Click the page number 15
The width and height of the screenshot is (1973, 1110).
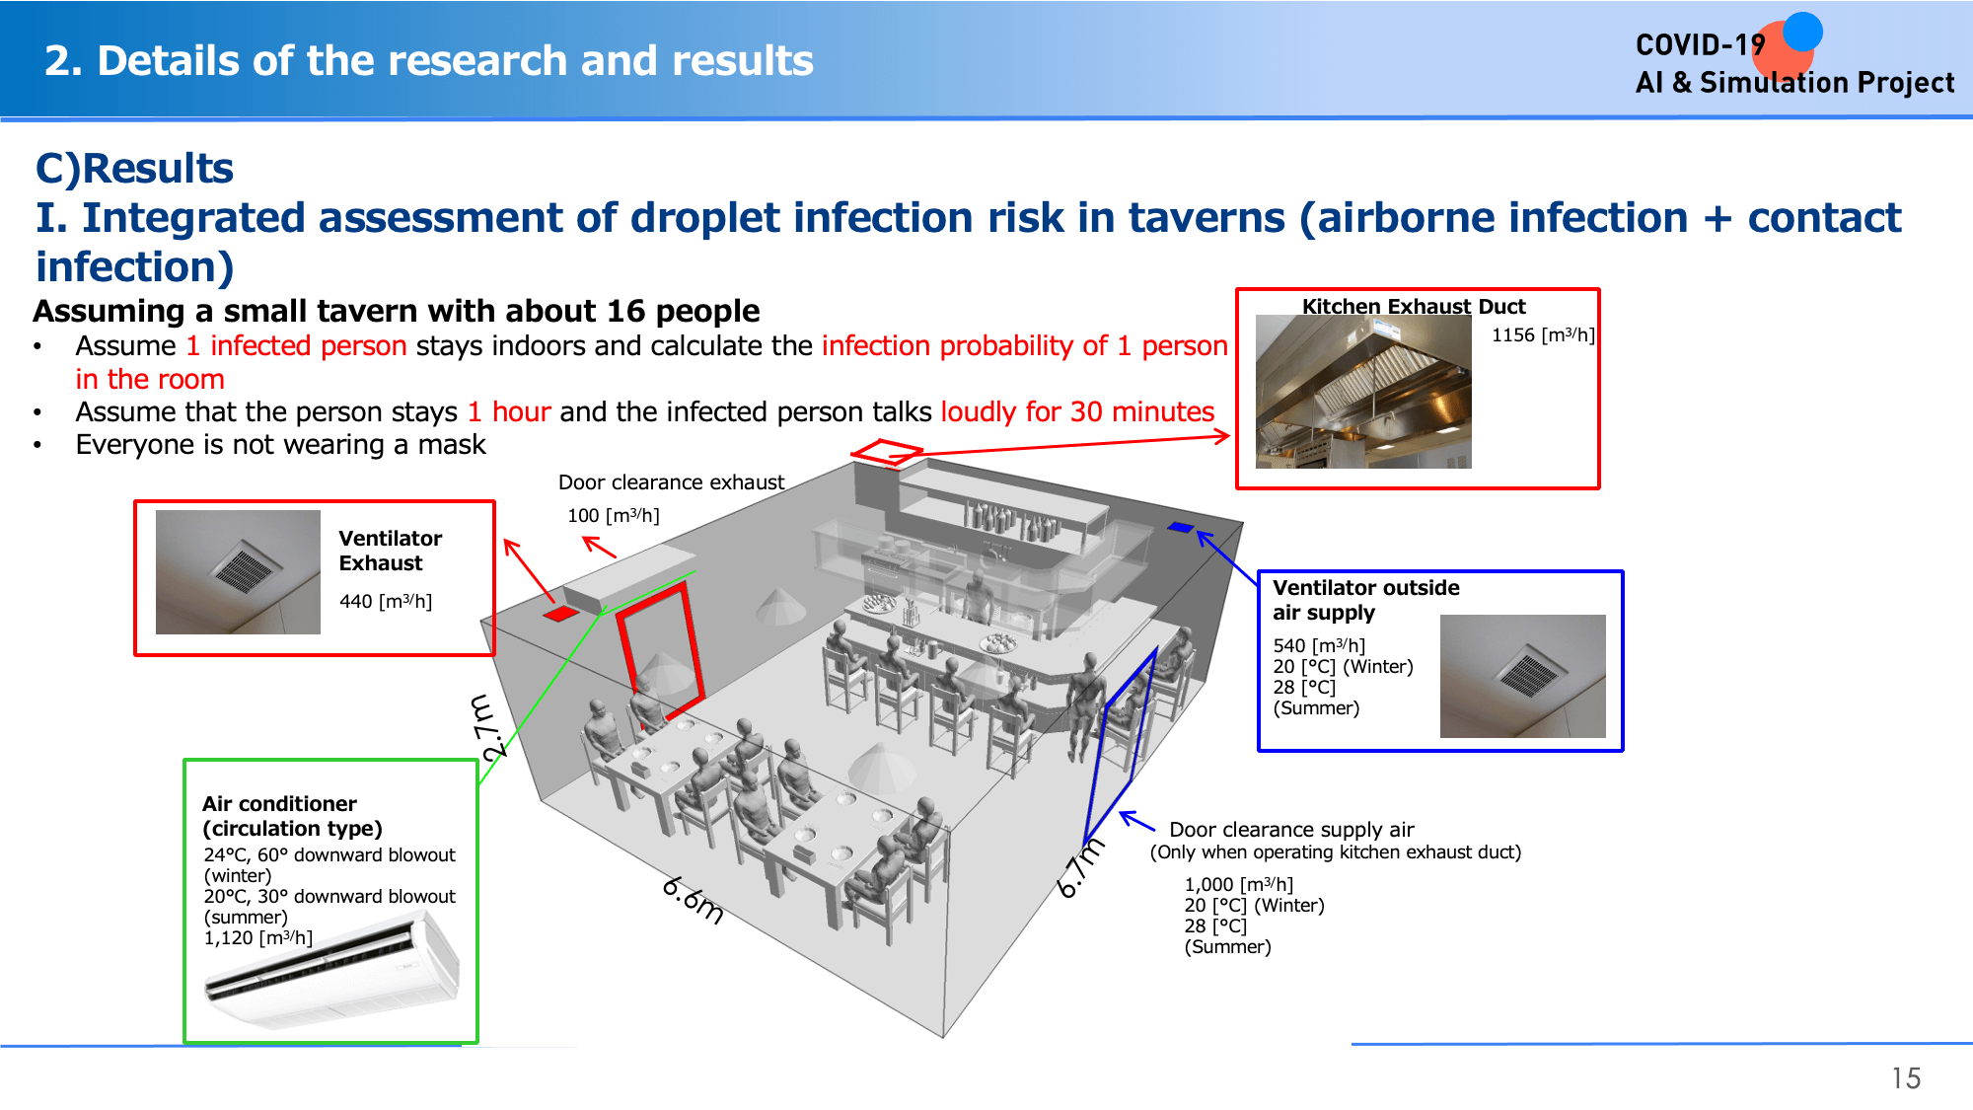[1906, 1078]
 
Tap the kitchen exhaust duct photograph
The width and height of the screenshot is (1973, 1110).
[1363, 392]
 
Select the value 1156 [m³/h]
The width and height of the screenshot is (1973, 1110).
[1543, 335]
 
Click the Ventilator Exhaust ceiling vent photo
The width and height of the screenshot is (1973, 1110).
[238, 572]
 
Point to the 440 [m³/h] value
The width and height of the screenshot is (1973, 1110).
[386, 601]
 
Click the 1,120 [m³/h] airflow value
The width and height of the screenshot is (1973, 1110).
[258, 937]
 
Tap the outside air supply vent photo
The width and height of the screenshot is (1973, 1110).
[1522, 676]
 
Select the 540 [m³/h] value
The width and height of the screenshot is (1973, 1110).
[1319, 645]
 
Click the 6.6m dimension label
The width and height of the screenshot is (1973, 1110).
[693, 900]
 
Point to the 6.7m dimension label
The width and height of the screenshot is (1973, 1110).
[1080, 868]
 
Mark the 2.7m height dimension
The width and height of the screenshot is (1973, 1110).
[490, 727]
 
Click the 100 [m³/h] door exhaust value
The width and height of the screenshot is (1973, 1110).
[614, 515]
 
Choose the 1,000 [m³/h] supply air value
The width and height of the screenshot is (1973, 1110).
[1239, 884]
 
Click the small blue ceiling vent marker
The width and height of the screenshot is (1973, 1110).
[1180, 527]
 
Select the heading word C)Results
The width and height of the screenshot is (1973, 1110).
[134, 169]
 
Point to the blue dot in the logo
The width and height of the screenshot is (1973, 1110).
[1802, 31]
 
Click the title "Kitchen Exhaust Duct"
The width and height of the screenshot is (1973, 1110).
[1414, 306]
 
